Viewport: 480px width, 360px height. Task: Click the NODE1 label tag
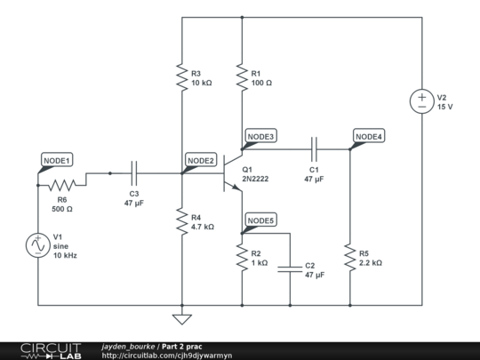[x=57, y=160]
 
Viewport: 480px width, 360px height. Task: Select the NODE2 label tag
[x=200, y=160]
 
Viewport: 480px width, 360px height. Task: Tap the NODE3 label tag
[x=260, y=136]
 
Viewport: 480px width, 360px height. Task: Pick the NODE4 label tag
[x=368, y=136]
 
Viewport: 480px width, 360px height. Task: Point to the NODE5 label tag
[x=260, y=220]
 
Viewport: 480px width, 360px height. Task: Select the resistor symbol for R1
[x=242, y=78]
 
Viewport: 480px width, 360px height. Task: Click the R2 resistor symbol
[x=242, y=258]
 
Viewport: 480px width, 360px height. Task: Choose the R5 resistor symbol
[x=350, y=258]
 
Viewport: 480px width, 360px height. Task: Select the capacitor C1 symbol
[x=314, y=149]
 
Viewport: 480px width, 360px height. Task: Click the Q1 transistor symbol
[x=233, y=173]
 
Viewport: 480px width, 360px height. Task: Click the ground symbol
[x=181, y=318]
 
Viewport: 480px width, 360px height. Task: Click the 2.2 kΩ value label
[x=371, y=263]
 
